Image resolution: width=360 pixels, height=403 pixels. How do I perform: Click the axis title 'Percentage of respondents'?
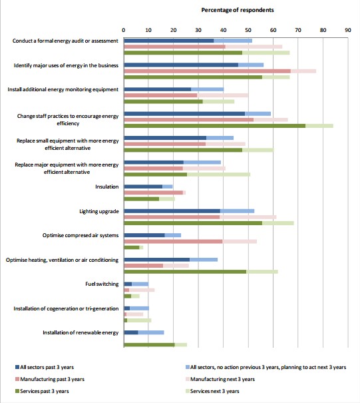click(x=238, y=10)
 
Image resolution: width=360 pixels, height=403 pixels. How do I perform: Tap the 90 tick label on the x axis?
click(x=347, y=30)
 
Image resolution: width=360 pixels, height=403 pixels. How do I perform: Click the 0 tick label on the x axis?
click(x=124, y=30)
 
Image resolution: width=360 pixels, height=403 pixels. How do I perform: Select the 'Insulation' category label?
click(x=107, y=187)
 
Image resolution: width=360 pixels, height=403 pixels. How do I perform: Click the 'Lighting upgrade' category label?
click(x=99, y=211)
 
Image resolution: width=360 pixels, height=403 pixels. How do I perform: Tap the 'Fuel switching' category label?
click(x=102, y=284)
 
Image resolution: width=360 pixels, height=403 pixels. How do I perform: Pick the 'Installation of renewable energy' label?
click(x=81, y=332)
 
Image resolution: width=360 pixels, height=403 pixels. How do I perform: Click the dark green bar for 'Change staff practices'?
click(x=215, y=126)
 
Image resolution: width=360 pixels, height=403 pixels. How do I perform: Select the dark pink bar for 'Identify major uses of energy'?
click(x=207, y=71)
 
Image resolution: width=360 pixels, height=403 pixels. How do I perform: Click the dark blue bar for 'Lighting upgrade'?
click(x=172, y=211)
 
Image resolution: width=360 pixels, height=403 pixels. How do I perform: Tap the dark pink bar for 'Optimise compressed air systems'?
click(x=173, y=241)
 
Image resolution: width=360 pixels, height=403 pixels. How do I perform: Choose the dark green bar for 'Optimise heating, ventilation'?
click(x=185, y=272)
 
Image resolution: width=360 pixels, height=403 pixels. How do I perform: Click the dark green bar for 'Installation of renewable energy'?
click(x=149, y=344)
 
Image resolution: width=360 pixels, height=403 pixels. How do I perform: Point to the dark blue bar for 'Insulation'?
click(x=143, y=187)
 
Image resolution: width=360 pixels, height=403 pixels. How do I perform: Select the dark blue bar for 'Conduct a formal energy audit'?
click(x=169, y=41)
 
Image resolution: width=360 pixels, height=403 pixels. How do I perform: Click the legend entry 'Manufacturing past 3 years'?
click(x=50, y=379)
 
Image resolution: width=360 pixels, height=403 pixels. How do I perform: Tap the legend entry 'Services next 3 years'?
click(x=212, y=391)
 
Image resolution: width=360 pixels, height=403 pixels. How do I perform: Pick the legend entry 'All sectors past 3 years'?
click(x=45, y=367)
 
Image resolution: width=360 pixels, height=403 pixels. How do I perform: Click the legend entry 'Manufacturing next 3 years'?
click(x=220, y=379)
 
